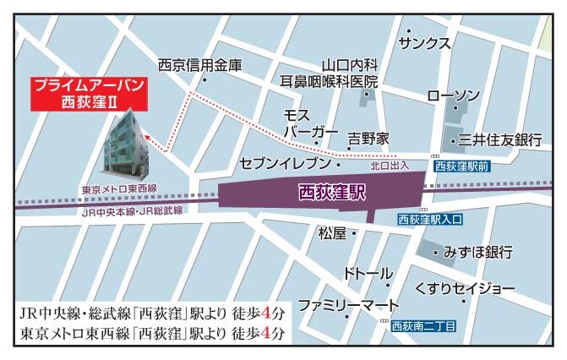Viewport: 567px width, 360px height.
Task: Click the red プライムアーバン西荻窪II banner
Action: tap(88, 95)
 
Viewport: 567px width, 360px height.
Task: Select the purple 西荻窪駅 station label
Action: tap(332, 192)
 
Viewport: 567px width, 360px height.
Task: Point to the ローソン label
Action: tap(454, 95)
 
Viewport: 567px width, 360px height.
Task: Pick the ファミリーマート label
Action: tap(347, 304)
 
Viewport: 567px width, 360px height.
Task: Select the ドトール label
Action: tap(368, 274)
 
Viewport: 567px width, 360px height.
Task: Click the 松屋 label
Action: tap(332, 232)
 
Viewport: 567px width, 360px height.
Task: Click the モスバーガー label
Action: tap(305, 124)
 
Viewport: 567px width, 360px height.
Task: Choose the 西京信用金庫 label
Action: tap(200, 64)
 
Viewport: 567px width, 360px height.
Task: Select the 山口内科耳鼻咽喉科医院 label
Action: tap(329, 73)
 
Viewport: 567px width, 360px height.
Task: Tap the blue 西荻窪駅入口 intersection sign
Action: tap(430, 220)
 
